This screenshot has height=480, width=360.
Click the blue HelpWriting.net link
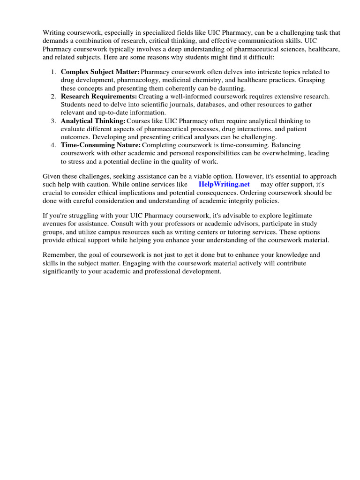click(224, 184)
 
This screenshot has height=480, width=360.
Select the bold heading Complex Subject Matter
click(100, 72)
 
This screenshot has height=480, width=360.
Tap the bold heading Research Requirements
click(99, 97)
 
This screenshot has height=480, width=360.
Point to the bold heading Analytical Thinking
click(93, 121)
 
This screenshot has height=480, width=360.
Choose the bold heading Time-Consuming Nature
click(100, 145)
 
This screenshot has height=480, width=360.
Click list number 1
click(53, 72)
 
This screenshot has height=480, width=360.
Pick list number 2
click(53, 97)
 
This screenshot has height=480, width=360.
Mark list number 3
click(53, 121)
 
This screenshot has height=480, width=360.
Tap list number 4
click(53, 145)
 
